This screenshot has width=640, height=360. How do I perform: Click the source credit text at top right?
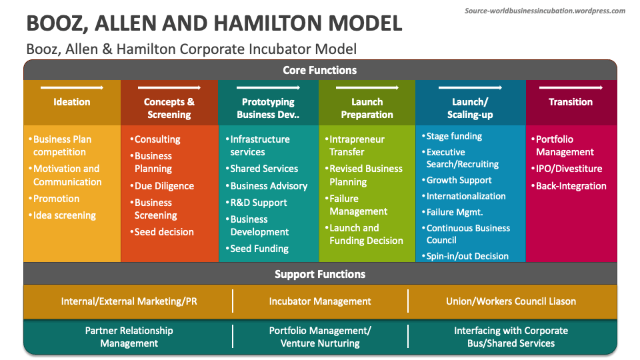[x=545, y=11]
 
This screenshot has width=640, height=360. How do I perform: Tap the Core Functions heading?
[x=320, y=70]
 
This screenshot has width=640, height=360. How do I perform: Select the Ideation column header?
[x=72, y=102]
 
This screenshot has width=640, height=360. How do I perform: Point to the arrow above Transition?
[x=571, y=87]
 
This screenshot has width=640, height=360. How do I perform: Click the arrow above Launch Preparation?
[x=367, y=87]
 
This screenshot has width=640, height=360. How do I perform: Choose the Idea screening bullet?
[x=64, y=215]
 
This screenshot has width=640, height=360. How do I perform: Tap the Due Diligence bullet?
[x=164, y=186]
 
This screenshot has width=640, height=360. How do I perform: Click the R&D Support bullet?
[x=259, y=203]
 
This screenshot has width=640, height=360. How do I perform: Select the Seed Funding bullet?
[x=259, y=249]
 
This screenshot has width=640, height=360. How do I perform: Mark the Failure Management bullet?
[x=358, y=205]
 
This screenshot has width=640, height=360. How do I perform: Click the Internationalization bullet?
[x=466, y=196]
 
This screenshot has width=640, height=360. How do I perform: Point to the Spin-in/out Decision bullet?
[x=467, y=256]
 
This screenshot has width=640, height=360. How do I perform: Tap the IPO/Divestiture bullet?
[x=569, y=169]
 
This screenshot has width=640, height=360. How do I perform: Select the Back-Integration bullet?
[x=571, y=186]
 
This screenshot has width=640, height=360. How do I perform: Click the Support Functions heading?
[x=320, y=274]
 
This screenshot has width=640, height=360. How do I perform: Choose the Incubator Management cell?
[x=320, y=301]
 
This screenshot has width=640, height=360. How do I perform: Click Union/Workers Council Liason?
[x=511, y=301]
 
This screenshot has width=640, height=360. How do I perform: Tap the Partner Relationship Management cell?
[x=129, y=337]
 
